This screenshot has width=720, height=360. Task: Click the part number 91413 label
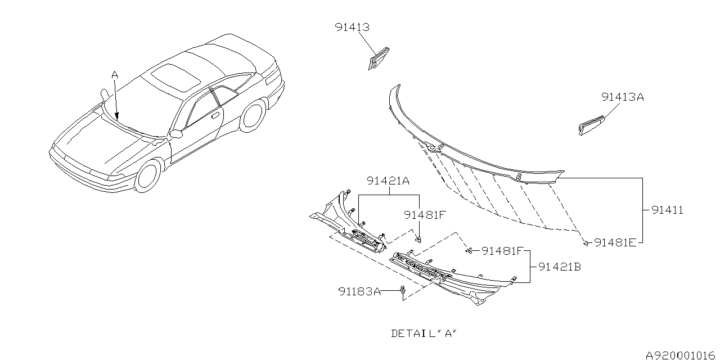pos(352,27)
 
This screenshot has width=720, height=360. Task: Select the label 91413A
pos(623,97)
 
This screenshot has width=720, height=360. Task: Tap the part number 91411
pos(667,210)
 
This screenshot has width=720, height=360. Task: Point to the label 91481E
pos(615,242)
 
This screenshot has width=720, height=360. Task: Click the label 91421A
pos(388,181)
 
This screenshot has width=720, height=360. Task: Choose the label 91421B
pos(560,267)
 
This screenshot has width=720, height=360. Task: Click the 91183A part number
pos(359,291)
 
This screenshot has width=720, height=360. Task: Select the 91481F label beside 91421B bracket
pos(503,251)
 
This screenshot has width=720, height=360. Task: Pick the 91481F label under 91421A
pos(425,215)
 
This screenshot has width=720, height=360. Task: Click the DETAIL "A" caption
pos(424,334)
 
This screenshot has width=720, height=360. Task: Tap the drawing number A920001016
pos(682,355)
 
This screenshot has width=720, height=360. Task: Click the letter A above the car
pos(115,75)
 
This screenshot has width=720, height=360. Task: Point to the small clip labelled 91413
pos(379,58)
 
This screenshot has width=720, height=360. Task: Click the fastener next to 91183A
pos(402,290)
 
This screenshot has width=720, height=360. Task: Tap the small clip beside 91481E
pos(586,244)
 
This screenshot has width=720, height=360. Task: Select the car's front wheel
pos(148,177)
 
